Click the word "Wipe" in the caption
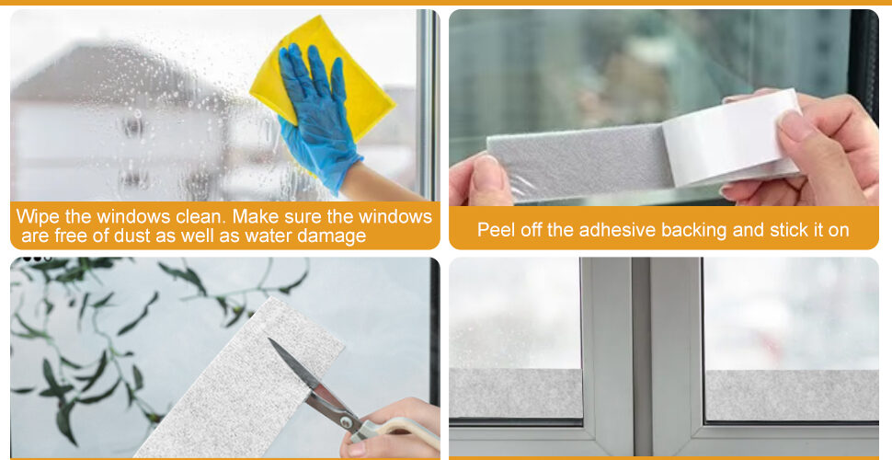[x=37, y=217]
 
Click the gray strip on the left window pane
[x=516, y=394]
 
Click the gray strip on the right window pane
[x=792, y=396]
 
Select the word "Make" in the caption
[x=256, y=217]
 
